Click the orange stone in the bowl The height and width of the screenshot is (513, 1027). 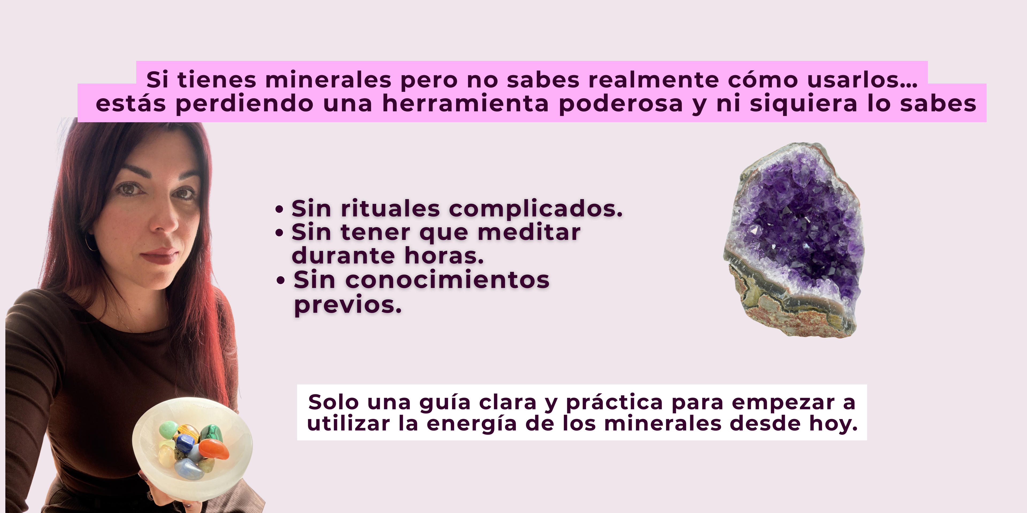pyautogui.click(x=214, y=449)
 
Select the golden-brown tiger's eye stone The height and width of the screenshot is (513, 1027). pyautogui.click(x=189, y=430)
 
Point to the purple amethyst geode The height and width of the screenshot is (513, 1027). pyautogui.click(x=794, y=240)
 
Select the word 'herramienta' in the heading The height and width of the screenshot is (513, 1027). pyautogui.click(x=465, y=104)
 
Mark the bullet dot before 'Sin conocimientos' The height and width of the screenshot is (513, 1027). pyautogui.click(x=281, y=280)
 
